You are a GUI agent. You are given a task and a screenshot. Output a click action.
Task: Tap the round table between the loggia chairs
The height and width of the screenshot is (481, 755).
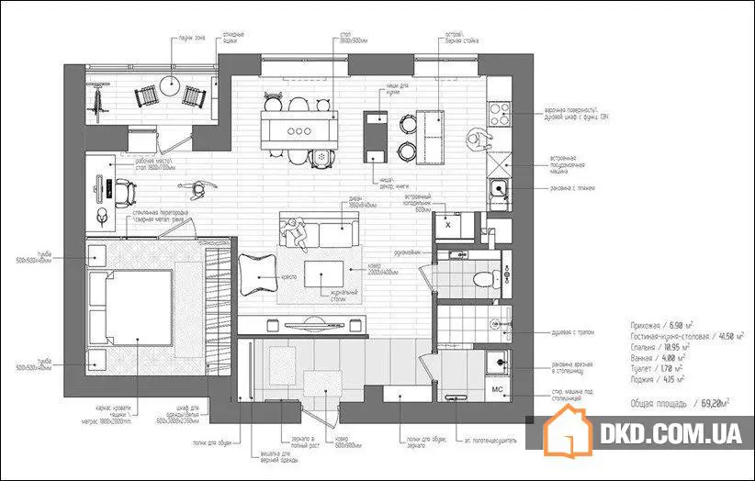pyautogui.click(x=170, y=87)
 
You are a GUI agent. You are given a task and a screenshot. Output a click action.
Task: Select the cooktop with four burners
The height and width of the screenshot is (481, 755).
pyautogui.click(x=500, y=114)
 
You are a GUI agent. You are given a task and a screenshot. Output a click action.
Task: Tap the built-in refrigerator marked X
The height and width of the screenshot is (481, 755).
pyautogui.click(x=447, y=224)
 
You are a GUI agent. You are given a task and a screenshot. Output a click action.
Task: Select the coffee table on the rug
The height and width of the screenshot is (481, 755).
pyautogui.click(x=321, y=273)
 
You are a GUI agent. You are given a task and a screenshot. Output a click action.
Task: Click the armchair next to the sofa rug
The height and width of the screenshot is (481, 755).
pyautogui.click(x=257, y=271)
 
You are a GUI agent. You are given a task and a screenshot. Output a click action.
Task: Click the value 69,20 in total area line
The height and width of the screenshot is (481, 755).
pyautogui.click(x=711, y=402)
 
